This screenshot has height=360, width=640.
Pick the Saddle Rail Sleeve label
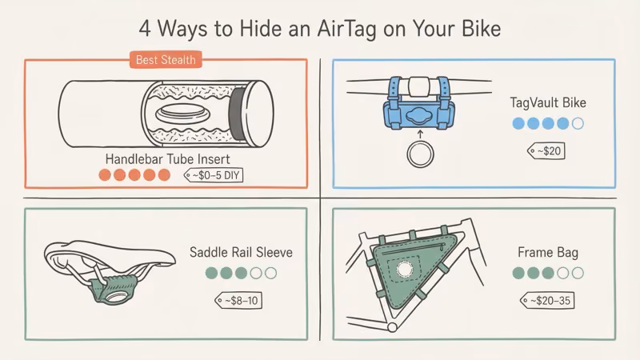[x=241, y=253]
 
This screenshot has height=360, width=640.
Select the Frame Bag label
[x=548, y=253]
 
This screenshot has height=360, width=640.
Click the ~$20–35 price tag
[x=550, y=300]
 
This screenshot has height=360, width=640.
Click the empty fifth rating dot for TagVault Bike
[x=578, y=124]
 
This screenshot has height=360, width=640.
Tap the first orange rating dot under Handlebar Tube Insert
[x=104, y=174]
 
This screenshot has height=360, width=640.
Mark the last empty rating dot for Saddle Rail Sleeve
[x=270, y=274]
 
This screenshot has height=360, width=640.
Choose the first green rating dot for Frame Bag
[x=518, y=274]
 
